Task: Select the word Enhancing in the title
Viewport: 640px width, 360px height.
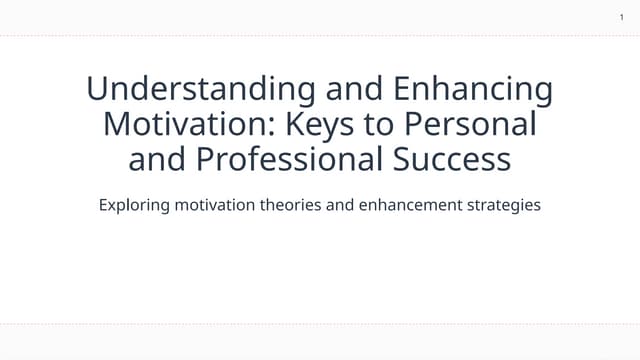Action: coord(473,89)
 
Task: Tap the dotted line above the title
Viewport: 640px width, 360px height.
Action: coord(320,36)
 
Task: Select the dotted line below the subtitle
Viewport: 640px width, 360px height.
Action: coord(320,324)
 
